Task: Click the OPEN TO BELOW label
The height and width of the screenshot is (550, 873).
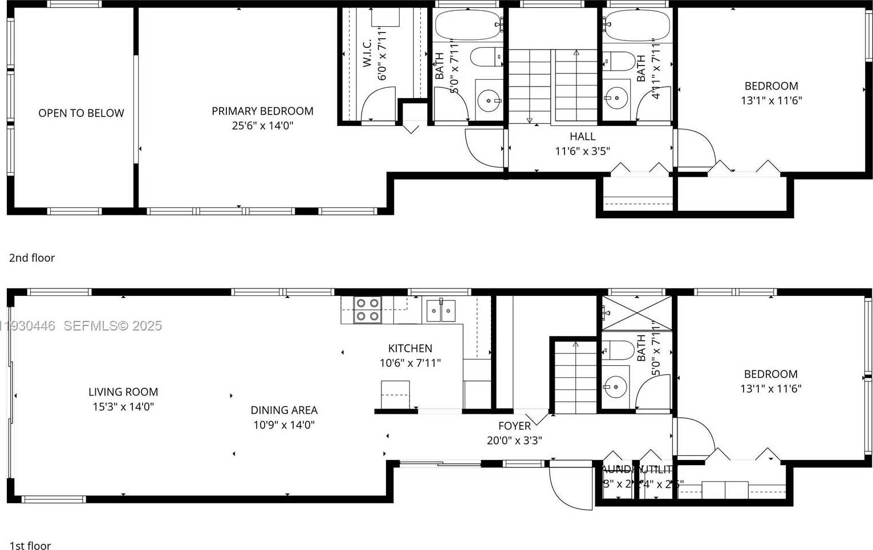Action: click(x=81, y=113)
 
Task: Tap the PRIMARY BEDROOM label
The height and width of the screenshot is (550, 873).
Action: click(x=262, y=111)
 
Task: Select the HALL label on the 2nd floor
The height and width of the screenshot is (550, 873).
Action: click(x=582, y=137)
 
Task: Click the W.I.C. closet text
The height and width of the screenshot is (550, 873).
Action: click(x=367, y=53)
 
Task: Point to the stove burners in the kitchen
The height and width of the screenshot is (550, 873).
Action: click(x=367, y=310)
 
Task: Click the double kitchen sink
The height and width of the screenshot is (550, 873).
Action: click(x=441, y=311)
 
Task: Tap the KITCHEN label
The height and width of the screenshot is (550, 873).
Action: click(x=410, y=348)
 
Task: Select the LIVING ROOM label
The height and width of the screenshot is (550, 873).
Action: click(x=123, y=392)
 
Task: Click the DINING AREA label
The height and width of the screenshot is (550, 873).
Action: click(x=284, y=410)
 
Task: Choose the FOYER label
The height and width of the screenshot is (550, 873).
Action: click(x=514, y=426)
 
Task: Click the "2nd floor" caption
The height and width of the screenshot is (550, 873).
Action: click(x=32, y=258)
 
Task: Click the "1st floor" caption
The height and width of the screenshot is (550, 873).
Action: click(x=30, y=545)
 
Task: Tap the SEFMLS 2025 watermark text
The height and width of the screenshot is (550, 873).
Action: click(x=112, y=326)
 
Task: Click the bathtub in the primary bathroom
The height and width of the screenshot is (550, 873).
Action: click(x=468, y=25)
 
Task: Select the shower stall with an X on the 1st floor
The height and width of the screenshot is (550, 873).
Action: click(x=637, y=313)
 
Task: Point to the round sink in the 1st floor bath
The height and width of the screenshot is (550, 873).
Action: click(x=615, y=387)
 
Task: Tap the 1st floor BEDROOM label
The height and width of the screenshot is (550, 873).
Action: click(x=770, y=374)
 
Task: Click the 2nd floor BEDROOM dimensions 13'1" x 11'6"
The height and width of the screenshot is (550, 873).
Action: click(x=771, y=101)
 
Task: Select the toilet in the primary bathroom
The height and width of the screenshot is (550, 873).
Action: click(x=485, y=57)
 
